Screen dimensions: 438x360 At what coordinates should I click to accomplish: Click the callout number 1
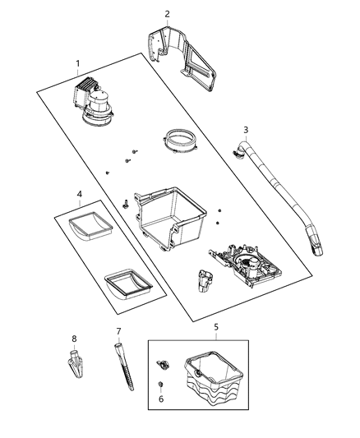coord(78,63)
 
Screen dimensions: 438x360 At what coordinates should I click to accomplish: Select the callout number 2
coord(167,14)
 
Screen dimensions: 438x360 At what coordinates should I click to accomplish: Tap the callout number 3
coord(245,130)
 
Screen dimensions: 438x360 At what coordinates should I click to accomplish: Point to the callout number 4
coord(80,196)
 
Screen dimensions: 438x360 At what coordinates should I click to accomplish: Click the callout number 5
coord(216,327)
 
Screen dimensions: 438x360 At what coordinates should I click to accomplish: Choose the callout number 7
coord(118,331)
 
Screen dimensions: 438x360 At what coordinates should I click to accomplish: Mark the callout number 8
coord(73,338)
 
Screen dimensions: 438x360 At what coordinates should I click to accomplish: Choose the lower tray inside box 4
coord(127,284)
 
